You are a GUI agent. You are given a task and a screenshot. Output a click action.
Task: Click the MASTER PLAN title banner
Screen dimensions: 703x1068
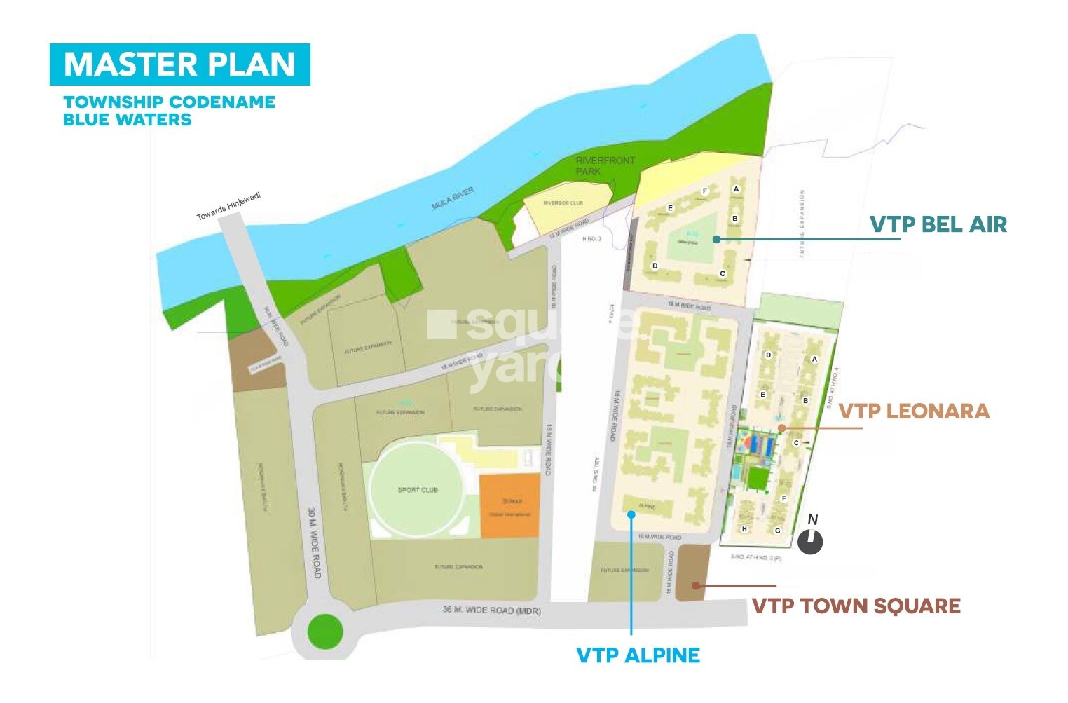179,64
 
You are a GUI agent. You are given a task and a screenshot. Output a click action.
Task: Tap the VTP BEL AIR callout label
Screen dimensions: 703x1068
938,224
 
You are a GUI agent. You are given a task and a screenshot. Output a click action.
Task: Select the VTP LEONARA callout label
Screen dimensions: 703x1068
914,411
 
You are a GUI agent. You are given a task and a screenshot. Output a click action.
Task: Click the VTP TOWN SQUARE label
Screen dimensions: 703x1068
856,606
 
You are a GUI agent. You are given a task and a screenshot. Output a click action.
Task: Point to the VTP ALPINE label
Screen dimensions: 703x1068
638,655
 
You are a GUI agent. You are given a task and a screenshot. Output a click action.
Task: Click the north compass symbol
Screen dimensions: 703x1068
810,541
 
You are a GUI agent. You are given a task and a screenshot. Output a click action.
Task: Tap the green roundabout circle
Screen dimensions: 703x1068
325,631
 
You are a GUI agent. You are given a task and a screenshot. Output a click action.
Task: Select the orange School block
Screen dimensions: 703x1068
510,506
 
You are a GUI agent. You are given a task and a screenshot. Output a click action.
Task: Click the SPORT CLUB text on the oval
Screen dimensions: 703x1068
418,490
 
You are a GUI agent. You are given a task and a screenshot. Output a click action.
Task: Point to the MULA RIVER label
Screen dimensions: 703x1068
453,198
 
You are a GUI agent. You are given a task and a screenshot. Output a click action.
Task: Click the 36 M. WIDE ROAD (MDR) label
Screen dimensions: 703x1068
491,610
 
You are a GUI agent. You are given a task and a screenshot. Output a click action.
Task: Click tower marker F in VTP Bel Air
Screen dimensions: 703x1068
705,191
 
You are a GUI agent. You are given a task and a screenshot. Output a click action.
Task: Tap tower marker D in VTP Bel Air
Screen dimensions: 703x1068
655,266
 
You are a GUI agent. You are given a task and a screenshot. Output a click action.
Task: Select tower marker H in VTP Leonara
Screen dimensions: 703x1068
744,529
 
